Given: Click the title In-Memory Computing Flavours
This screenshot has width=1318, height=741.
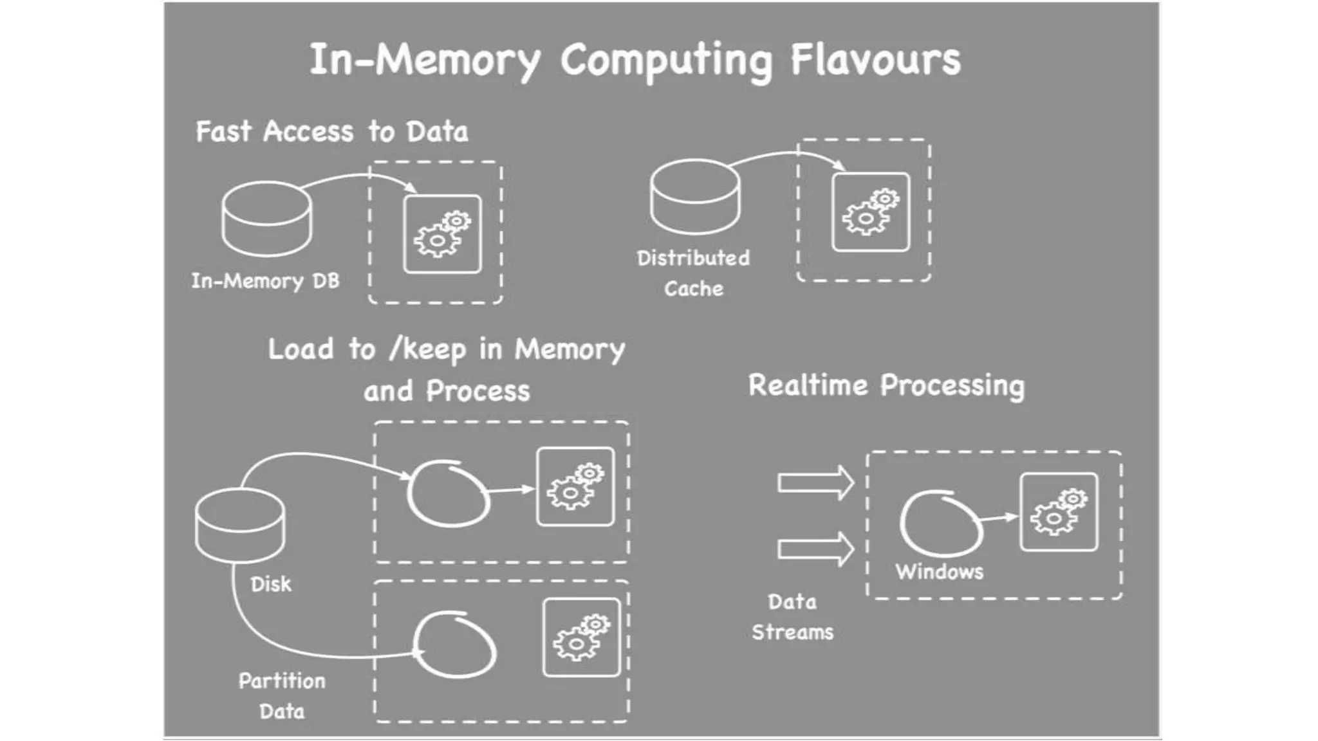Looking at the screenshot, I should pyautogui.click(x=635, y=60).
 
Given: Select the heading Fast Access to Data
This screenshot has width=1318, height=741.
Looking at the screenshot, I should pyautogui.click(x=331, y=132).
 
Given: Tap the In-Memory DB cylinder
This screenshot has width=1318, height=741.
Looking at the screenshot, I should pyautogui.click(x=267, y=219).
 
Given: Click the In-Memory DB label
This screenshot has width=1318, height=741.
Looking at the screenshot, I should pyautogui.click(x=265, y=281).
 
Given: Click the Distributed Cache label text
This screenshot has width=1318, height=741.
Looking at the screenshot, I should pyautogui.click(x=693, y=273).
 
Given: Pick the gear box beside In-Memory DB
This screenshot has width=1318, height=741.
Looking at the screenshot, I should pyautogui.click(x=442, y=234).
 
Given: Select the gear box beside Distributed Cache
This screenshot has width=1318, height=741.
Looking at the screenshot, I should pyautogui.click(x=871, y=212).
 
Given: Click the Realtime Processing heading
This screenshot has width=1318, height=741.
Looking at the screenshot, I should pyautogui.click(x=886, y=385).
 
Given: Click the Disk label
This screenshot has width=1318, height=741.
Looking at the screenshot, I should pyautogui.click(x=270, y=584).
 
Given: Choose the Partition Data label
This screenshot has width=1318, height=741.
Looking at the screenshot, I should pyautogui.click(x=282, y=696).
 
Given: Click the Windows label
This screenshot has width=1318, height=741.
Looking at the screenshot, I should pyautogui.click(x=939, y=572).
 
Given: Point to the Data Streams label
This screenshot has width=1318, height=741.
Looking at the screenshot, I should pyautogui.click(x=792, y=617).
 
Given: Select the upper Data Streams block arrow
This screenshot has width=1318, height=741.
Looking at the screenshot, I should pyautogui.click(x=815, y=482).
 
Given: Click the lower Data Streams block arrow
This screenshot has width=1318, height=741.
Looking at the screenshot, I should pyautogui.click(x=815, y=549).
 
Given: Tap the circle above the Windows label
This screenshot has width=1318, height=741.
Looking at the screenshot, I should pyautogui.click(x=940, y=523).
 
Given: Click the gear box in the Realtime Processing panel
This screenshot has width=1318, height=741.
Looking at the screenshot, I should pyautogui.click(x=1059, y=512).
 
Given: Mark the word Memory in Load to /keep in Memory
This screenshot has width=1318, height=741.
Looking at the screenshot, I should pyautogui.click(x=570, y=350).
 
